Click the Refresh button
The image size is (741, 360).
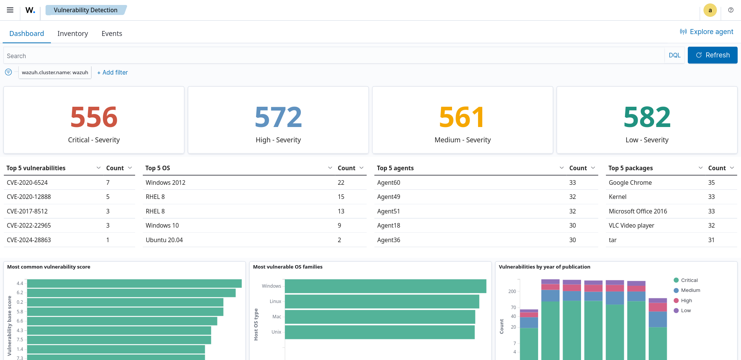pyautogui.click(x=712, y=55)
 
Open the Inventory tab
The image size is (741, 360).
pyautogui.click(x=73, y=34)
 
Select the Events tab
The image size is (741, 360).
pyautogui.click(x=112, y=34)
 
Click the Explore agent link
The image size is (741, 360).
pyautogui.click(x=707, y=32)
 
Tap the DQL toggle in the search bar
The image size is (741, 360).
pyautogui.click(x=674, y=55)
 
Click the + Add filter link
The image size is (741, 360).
pyautogui.click(x=113, y=72)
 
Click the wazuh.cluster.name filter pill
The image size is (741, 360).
pyautogui.click(x=55, y=72)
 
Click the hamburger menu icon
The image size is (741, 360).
pyautogui.click(x=10, y=10)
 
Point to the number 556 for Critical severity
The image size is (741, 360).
pyautogui.click(x=94, y=117)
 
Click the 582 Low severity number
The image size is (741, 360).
pyautogui.click(x=647, y=117)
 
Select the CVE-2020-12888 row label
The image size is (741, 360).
pyautogui.click(x=29, y=197)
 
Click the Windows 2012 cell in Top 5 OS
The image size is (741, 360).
pyautogui.click(x=165, y=182)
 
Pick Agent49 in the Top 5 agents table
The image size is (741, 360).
pyautogui.click(x=388, y=197)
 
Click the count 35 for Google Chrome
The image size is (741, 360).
pyautogui.click(x=711, y=182)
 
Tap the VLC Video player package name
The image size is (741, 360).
pyautogui.click(x=631, y=225)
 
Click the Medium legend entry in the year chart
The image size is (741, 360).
pyautogui.click(x=690, y=290)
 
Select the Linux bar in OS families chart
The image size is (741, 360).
pyautogui.click(x=382, y=301)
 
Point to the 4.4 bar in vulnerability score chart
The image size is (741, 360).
pyautogui.click(x=134, y=283)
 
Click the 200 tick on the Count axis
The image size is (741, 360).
pyautogui.click(x=512, y=292)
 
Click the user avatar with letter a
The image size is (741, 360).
pyautogui.click(x=710, y=10)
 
